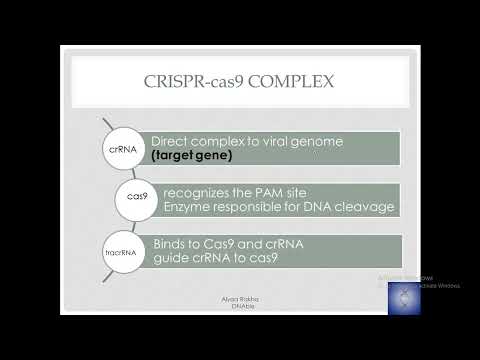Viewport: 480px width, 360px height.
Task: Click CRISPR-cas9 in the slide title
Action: tap(197, 82)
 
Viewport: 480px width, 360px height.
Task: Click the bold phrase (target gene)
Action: tap(190, 158)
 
